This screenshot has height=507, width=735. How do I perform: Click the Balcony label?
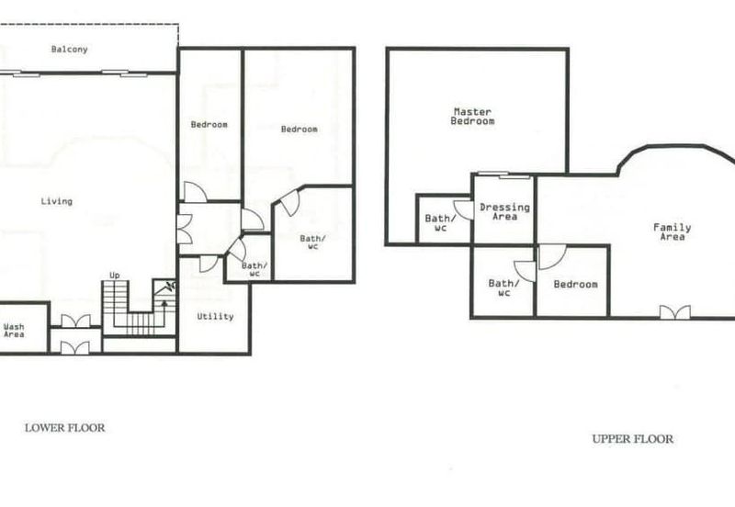coord(70,50)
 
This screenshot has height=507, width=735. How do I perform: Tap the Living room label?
coord(56,201)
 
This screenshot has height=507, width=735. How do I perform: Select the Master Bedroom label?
coord(472,117)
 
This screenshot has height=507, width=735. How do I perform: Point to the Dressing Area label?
coord(504,212)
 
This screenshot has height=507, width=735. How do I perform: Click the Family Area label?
coord(672,231)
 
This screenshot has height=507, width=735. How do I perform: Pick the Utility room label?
coord(215,317)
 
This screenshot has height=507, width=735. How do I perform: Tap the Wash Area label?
coord(14,331)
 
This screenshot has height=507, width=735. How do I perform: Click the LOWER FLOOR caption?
coord(64,427)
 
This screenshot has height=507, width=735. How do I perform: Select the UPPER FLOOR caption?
coord(632,439)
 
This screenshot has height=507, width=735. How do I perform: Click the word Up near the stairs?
coord(115,276)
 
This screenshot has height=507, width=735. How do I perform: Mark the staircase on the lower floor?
coord(129,308)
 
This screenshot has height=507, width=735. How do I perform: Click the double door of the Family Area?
coord(674,312)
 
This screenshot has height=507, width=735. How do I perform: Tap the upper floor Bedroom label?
coord(575,285)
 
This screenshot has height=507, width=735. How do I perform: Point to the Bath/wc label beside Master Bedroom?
coord(436,222)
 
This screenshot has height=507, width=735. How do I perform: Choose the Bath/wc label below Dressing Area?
coord(503,288)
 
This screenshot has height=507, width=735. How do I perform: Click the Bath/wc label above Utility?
coord(251,269)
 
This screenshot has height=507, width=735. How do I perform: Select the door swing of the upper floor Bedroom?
coord(549,256)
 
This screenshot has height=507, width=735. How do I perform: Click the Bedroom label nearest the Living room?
coord(209,125)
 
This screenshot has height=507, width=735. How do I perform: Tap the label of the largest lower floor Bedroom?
coord(299,130)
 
